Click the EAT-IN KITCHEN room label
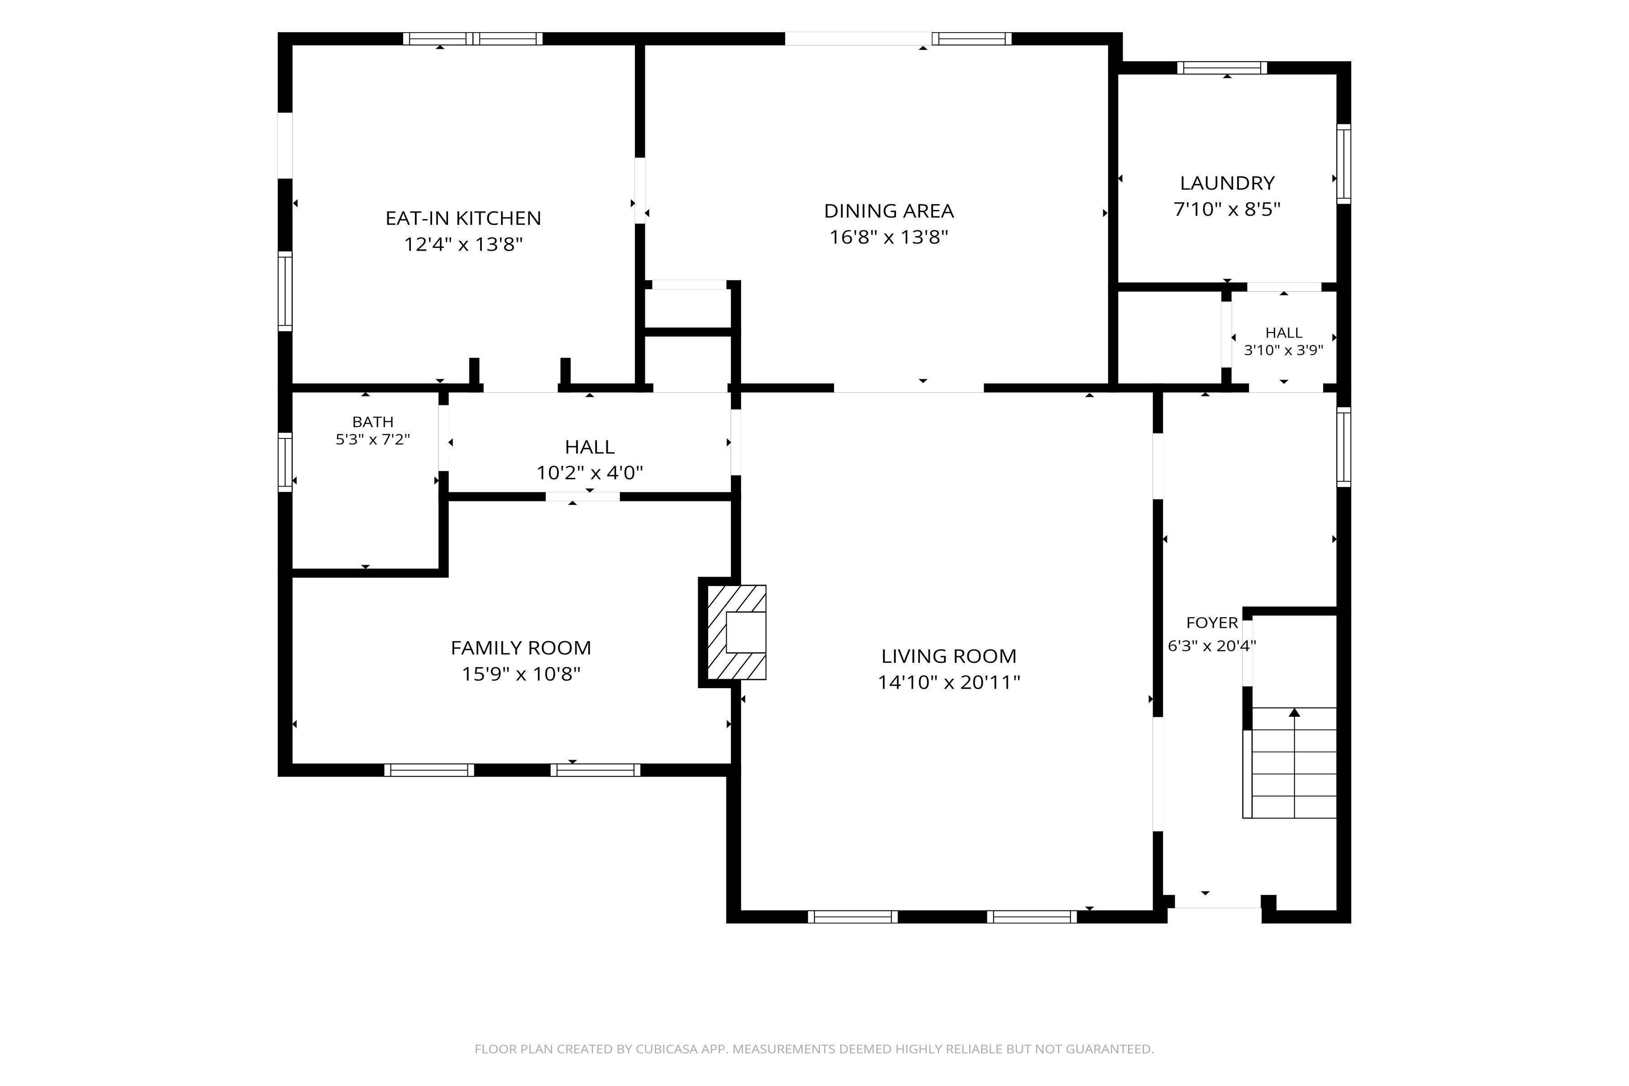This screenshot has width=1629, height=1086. click(x=463, y=218)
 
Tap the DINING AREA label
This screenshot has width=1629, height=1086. click(x=889, y=210)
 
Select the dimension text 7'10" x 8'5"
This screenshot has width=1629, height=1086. click(x=1227, y=209)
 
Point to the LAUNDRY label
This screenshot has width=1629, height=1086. click(x=1227, y=183)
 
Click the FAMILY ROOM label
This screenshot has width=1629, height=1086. click(x=521, y=648)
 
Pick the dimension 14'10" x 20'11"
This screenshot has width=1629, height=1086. click(x=949, y=682)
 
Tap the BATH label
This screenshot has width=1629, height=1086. click(x=372, y=422)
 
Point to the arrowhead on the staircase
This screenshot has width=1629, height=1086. click(x=1294, y=712)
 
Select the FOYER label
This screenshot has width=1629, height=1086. click(x=1212, y=623)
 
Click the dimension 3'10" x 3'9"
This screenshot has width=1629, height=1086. click(x=1283, y=350)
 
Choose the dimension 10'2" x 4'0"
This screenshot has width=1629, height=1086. click(x=590, y=473)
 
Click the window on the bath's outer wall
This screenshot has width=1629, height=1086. click(x=285, y=462)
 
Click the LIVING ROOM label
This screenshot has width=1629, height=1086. click(x=949, y=656)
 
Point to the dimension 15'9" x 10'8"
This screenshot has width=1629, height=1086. click(x=521, y=674)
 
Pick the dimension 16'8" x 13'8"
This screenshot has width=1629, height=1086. click(x=889, y=237)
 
